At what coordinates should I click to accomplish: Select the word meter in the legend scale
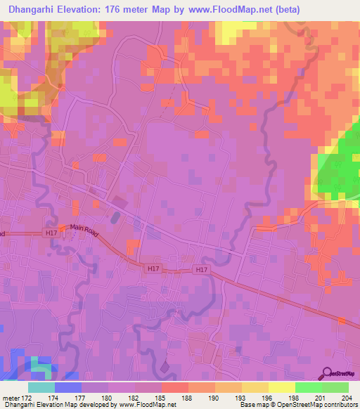12,397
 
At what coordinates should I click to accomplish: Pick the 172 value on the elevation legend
28,397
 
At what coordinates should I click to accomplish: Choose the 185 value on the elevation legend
162,397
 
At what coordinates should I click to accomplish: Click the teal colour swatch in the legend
41,387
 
